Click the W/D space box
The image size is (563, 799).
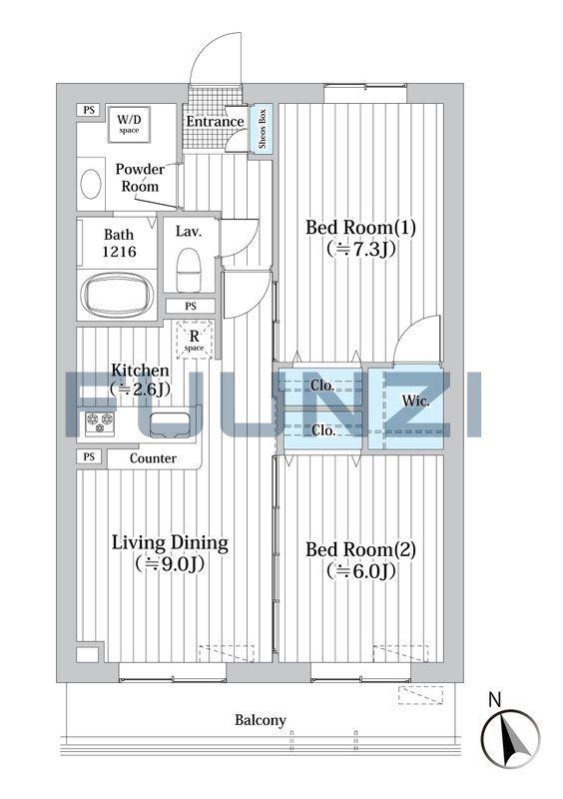(x=129, y=124)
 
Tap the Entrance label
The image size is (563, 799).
(x=215, y=122)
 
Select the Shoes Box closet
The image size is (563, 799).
(x=262, y=129)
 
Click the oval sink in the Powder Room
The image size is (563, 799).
(x=91, y=184)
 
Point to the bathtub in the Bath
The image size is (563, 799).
(x=117, y=296)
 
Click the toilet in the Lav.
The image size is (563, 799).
(x=189, y=270)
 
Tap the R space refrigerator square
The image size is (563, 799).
(x=194, y=340)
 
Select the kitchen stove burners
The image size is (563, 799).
(x=100, y=421)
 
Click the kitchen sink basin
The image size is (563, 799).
(x=170, y=425)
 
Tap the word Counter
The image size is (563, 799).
(x=153, y=458)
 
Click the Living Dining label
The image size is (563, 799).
(x=170, y=543)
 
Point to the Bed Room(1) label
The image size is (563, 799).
(x=360, y=228)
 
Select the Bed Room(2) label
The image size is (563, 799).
(x=360, y=550)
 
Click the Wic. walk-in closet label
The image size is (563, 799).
(x=415, y=401)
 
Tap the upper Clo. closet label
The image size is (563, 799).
(x=323, y=386)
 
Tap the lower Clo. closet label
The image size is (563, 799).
(x=323, y=430)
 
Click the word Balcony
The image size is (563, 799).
(x=260, y=720)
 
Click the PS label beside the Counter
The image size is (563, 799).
(x=89, y=456)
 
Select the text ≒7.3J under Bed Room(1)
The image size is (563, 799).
(x=360, y=249)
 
